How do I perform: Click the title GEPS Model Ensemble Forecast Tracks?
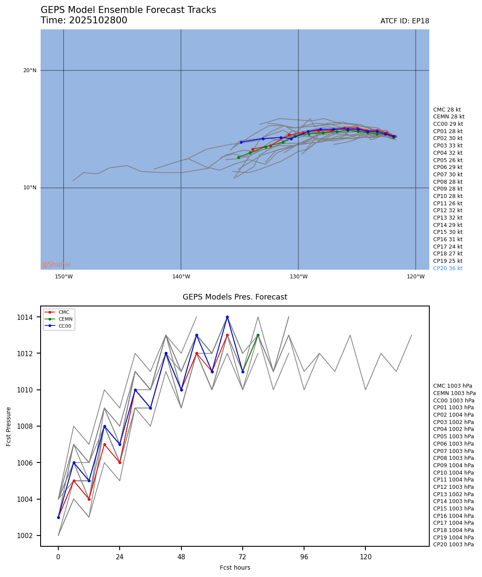pyautogui.click(x=128, y=10)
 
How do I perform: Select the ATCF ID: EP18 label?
pyautogui.click(x=405, y=21)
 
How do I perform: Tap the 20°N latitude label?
pyautogui.click(x=30, y=70)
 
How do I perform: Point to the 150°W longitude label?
pyautogui.click(x=63, y=277)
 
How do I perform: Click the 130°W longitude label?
pyautogui.click(x=298, y=277)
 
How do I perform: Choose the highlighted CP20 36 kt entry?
pyautogui.click(x=447, y=268)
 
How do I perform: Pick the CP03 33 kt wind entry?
pyautogui.click(x=447, y=146)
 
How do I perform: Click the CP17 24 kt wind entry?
pyautogui.click(x=447, y=247)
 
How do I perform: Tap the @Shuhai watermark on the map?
pyautogui.click(x=56, y=265)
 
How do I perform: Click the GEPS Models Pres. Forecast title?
pyautogui.click(x=235, y=297)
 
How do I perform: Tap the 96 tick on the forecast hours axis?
pyautogui.click(x=304, y=557)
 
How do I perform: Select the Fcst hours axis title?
pyautogui.click(x=235, y=567)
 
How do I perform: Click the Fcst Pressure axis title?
pyautogui.click(x=9, y=426)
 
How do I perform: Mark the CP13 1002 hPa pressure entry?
pyautogui.click(x=453, y=494)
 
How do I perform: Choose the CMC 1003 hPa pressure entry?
pyautogui.click(x=452, y=386)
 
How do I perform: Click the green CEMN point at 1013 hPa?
pyautogui.click(x=258, y=335)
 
